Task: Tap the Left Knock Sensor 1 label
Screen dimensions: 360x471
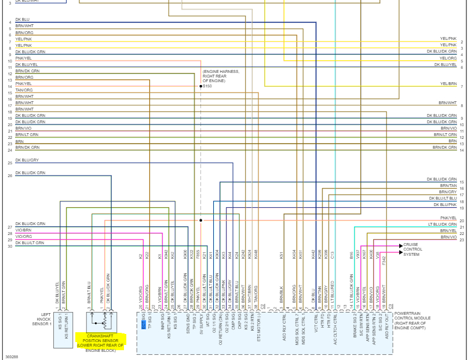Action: pos(42,319)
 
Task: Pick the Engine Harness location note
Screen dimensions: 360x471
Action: pos(220,76)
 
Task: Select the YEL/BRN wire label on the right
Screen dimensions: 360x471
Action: pos(448,84)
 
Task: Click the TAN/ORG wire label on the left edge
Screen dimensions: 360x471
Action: pos(24,90)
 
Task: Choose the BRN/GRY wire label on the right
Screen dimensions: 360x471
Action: pos(448,192)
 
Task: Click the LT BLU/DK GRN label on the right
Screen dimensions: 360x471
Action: pos(443,225)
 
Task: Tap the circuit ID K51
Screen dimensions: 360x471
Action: pos(281,255)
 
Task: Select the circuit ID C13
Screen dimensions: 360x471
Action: pos(333,255)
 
